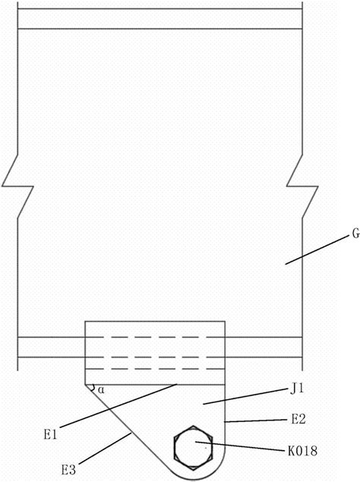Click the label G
click(355, 234)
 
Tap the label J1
click(297, 389)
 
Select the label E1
click(50, 435)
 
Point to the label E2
click(298, 419)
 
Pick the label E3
click(68, 470)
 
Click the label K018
click(302, 452)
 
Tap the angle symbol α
click(101, 390)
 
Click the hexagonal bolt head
click(193, 447)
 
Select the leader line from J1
click(245, 397)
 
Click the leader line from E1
click(118, 405)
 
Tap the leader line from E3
click(106, 449)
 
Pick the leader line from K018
click(240, 446)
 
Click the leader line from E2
click(256, 421)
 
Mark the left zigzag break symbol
click(17, 186)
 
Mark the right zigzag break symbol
click(302, 186)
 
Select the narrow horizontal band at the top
click(160, 19)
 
